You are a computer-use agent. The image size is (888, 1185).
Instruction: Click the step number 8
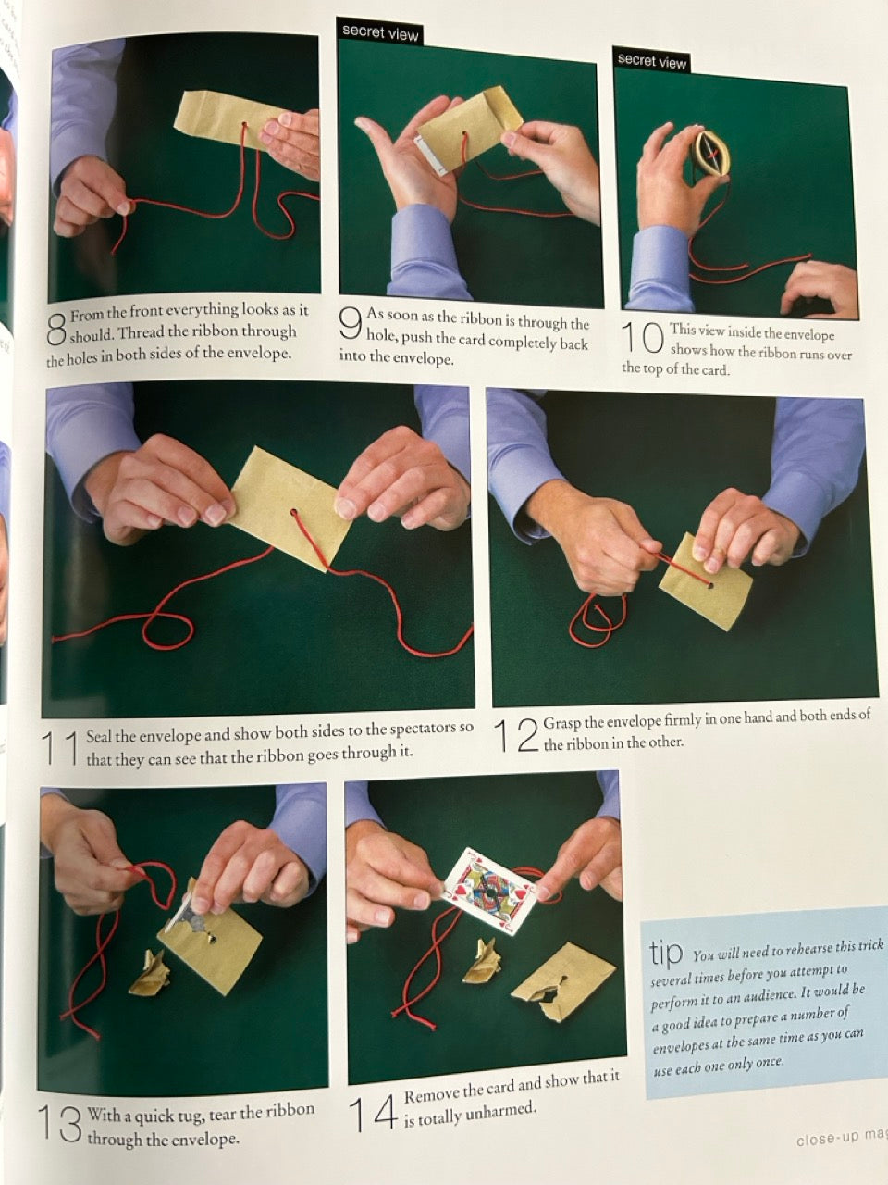pyautogui.click(x=56, y=329)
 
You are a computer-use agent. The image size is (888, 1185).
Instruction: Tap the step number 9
pyautogui.click(x=350, y=323)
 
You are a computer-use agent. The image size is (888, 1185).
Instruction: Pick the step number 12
pyautogui.click(x=516, y=735)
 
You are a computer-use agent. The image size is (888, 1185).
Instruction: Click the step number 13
pyautogui.click(x=60, y=1124)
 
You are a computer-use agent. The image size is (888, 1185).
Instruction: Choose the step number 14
pyautogui.click(x=373, y=1113)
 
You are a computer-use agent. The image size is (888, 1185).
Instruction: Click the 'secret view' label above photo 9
pyautogui.click(x=379, y=33)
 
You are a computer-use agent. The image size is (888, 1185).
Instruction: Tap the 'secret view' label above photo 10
pyautogui.click(x=651, y=60)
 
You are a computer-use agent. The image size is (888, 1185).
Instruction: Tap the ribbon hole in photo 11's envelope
pyautogui.click(x=294, y=512)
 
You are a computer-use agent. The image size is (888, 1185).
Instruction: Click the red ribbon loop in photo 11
pyautogui.click(x=167, y=629)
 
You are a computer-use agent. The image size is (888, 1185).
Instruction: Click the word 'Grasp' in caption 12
pyautogui.click(x=561, y=722)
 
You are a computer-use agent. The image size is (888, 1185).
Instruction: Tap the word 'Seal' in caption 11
pyautogui.click(x=100, y=735)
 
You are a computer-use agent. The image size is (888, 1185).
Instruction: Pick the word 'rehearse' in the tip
pyautogui.click(x=795, y=950)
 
